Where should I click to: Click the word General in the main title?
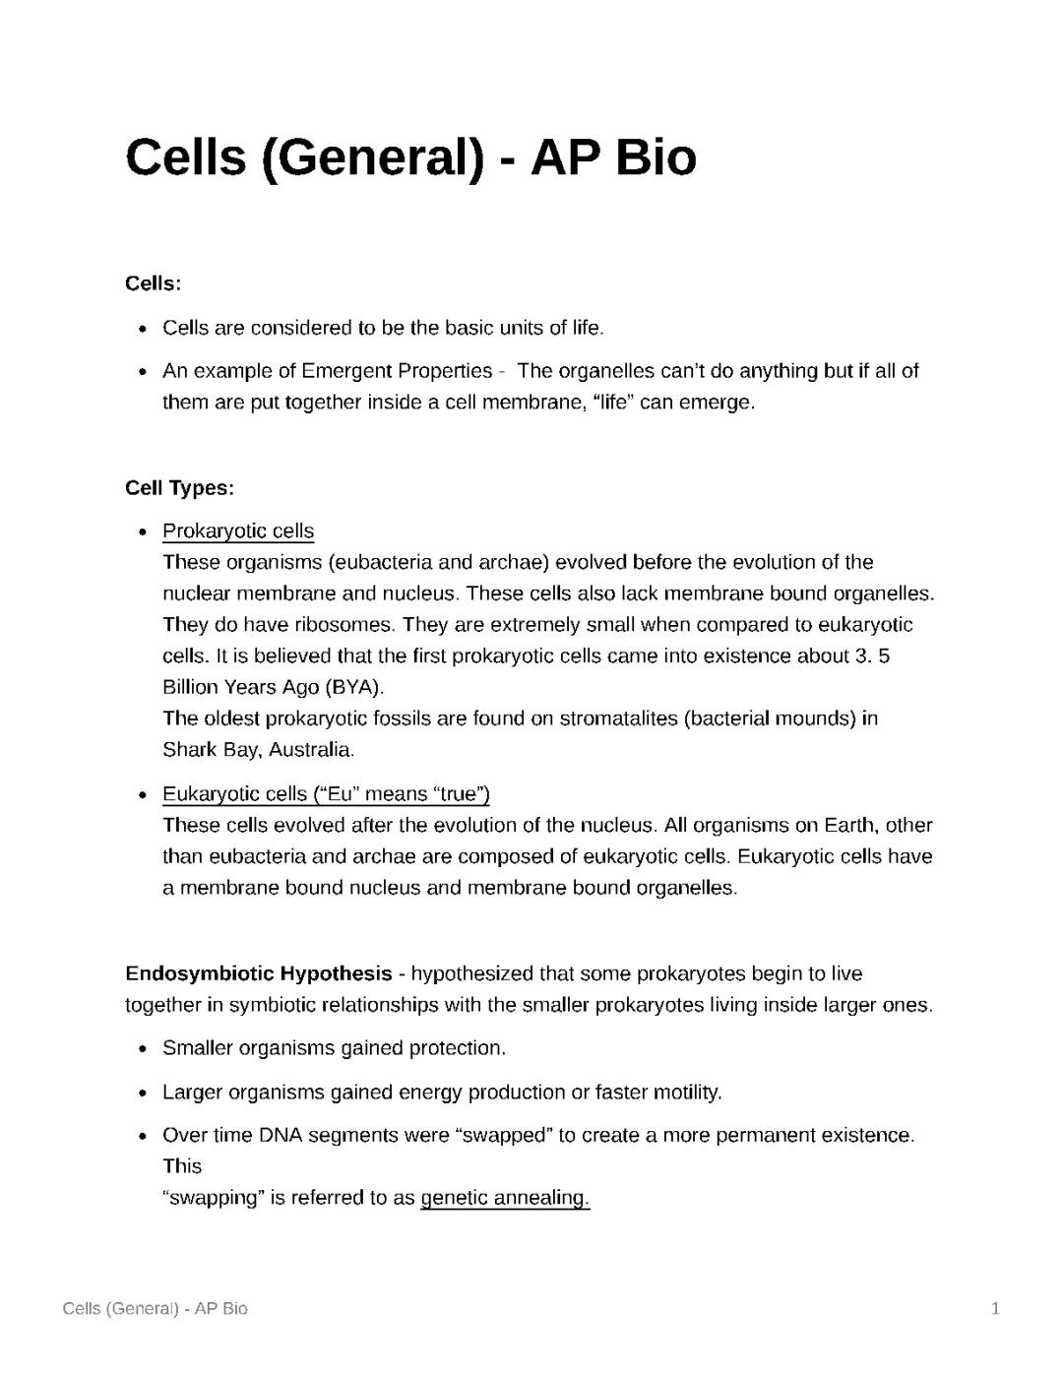[x=375, y=157]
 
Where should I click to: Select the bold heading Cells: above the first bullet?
[x=153, y=284]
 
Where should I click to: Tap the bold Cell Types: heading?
[x=179, y=488]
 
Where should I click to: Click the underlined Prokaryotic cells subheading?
[x=238, y=531]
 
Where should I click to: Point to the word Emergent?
[x=346, y=371]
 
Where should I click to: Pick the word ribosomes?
[x=344, y=625]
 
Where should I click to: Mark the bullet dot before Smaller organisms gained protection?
[x=144, y=1049]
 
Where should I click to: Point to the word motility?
[x=683, y=1093]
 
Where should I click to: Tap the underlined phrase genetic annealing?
[x=504, y=1198]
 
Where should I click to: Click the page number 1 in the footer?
[x=995, y=1309]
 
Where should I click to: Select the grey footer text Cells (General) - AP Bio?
[x=155, y=1309]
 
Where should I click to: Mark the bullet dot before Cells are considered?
[x=144, y=329]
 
